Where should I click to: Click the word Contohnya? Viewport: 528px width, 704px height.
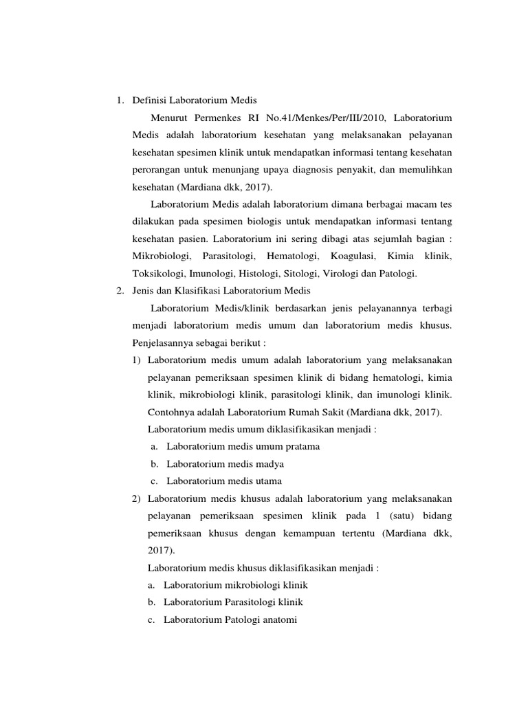(x=169, y=412)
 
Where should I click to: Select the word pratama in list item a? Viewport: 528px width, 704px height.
(x=298, y=446)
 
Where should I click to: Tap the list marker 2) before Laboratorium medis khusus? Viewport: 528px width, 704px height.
(x=137, y=498)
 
